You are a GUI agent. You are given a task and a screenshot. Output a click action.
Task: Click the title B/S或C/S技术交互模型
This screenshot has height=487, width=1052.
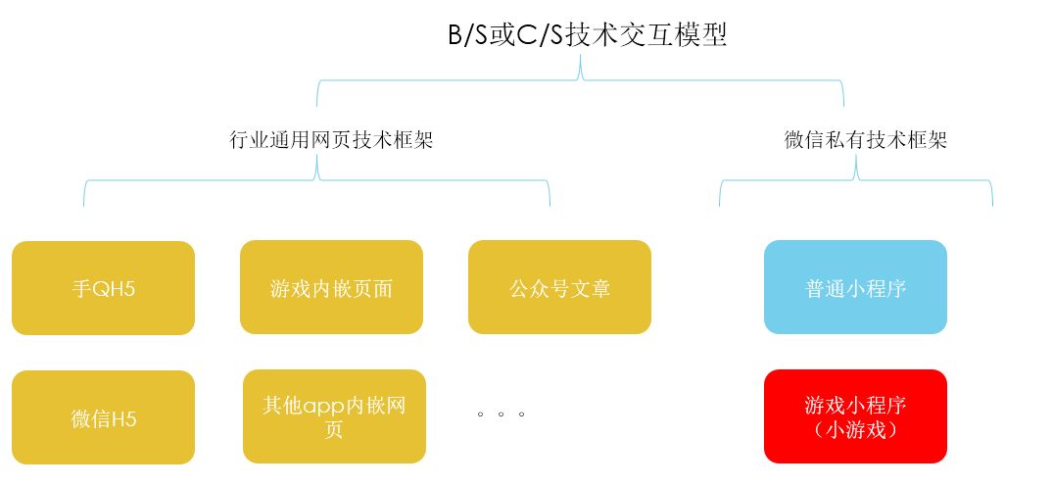click(x=588, y=35)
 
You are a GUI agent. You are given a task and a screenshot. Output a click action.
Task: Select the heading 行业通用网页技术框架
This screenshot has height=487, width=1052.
click(x=331, y=140)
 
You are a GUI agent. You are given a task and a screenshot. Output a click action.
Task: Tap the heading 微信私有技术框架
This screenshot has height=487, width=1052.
click(x=866, y=140)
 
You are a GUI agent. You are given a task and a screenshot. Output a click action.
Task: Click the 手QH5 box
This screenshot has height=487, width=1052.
click(x=103, y=288)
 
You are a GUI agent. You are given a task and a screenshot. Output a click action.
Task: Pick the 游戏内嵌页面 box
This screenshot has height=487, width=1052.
click(x=331, y=288)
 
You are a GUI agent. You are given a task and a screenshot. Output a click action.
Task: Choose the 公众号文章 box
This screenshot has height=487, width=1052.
click(x=559, y=288)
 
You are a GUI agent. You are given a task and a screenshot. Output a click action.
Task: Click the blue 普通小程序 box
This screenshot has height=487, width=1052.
click(x=855, y=288)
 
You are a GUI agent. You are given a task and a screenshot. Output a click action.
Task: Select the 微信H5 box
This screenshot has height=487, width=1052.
click(x=103, y=418)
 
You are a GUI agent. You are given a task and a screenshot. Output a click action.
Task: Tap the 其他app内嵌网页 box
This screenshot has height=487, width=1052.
click(x=334, y=416)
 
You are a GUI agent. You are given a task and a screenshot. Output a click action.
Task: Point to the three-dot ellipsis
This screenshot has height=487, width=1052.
click(x=502, y=414)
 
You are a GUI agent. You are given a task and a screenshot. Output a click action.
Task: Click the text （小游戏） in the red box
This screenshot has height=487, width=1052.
click(x=855, y=429)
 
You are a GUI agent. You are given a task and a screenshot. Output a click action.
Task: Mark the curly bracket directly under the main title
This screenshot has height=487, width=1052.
click(x=580, y=82)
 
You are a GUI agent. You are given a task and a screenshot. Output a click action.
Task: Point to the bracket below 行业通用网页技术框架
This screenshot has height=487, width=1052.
click(x=316, y=181)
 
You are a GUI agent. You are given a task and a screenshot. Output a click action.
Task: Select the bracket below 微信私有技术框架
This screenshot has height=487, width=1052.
click(x=856, y=181)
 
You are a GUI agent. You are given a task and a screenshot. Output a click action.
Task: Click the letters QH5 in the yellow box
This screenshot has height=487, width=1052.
click(x=113, y=289)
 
